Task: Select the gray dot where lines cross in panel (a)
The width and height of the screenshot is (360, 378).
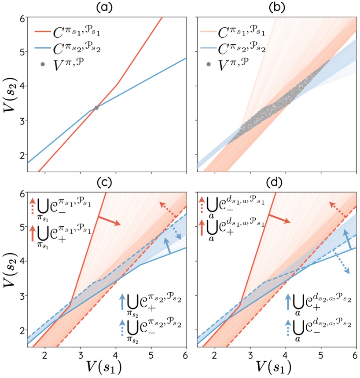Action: pos(96,108)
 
